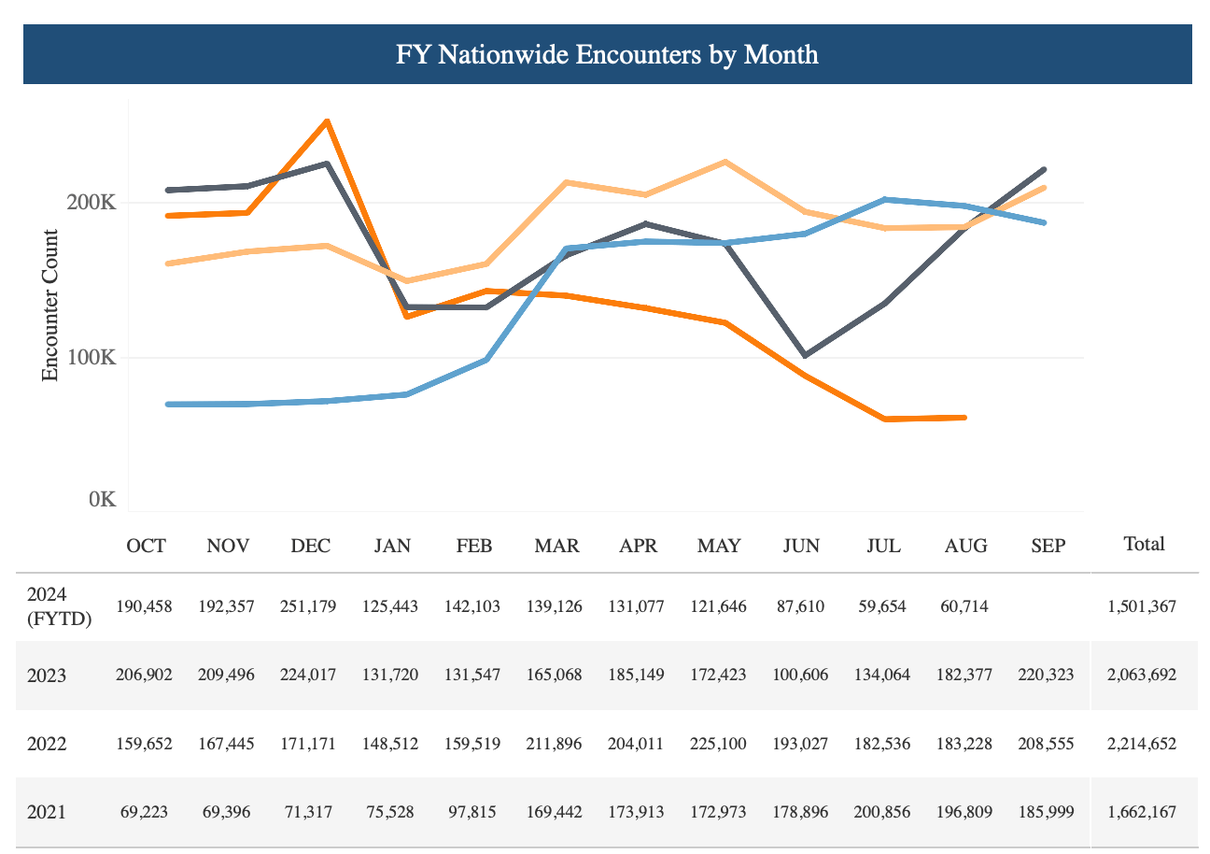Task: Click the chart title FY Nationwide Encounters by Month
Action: [607, 54]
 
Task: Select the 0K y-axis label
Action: [102, 499]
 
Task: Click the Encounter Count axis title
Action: [50, 306]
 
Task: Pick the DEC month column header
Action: [311, 546]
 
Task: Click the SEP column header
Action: [1048, 546]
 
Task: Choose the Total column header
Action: [1144, 544]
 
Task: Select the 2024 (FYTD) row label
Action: [59, 606]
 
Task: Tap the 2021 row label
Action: [47, 812]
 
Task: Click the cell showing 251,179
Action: [311, 606]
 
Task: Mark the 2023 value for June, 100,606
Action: [801, 675]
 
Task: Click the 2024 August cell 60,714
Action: [965, 606]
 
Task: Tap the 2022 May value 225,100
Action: [719, 744]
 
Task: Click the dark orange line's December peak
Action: [327, 121]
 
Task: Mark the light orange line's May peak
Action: [725, 162]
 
